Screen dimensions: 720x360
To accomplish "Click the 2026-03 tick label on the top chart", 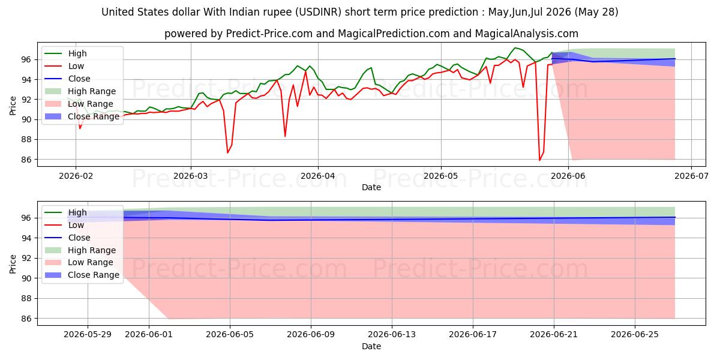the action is [x=191, y=176].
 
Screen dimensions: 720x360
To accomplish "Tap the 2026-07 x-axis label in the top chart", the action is [x=691, y=176].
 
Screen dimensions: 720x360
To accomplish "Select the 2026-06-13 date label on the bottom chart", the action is [x=392, y=335].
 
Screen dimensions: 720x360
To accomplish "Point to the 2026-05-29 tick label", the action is [x=88, y=335].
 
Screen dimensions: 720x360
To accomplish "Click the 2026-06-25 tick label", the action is [x=635, y=335].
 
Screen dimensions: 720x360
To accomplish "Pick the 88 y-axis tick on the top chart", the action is [x=26, y=139].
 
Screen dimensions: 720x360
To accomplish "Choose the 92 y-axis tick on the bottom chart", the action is [x=26, y=258].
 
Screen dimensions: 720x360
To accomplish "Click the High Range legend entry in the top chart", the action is [x=80, y=91].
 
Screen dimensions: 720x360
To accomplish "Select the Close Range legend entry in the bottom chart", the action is [x=82, y=275].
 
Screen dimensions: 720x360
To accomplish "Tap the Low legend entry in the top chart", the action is [x=64, y=66].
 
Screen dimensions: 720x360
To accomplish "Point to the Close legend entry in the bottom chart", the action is [x=67, y=238].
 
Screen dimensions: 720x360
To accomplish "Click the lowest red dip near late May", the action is [x=539, y=160].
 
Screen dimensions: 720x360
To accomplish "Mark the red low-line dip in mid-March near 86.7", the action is [x=227, y=152].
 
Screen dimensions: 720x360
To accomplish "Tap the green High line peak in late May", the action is [x=515, y=48].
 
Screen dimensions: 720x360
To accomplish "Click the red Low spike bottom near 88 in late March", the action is [x=285, y=136].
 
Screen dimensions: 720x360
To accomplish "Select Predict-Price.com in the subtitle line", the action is [x=269, y=34].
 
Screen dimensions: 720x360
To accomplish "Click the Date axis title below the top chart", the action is [x=371, y=187].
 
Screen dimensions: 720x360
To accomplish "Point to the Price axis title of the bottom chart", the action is [x=13, y=264].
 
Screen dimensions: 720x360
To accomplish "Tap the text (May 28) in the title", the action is [x=596, y=12].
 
